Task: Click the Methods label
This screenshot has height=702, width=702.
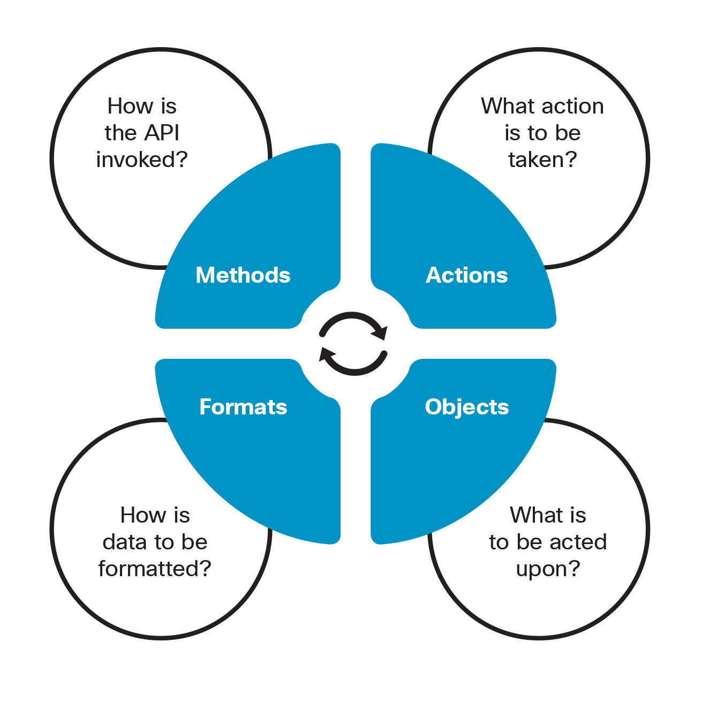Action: point(243,275)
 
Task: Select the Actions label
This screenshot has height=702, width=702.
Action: point(466,275)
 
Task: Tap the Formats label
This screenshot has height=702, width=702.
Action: point(243,407)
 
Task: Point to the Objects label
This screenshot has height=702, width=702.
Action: point(466,407)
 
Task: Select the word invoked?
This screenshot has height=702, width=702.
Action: point(142,160)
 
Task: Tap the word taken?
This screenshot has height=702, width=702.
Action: point(542,160)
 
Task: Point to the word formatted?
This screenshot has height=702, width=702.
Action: point(155,569)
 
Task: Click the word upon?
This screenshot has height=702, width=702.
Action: point(548,569)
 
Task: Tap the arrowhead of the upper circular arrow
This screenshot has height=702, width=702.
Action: point(380,334)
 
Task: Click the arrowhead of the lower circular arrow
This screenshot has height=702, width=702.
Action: point(326,354)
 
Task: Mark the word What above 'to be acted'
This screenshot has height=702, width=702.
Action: point(533,515)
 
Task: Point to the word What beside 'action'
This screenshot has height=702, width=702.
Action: point(504,106)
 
